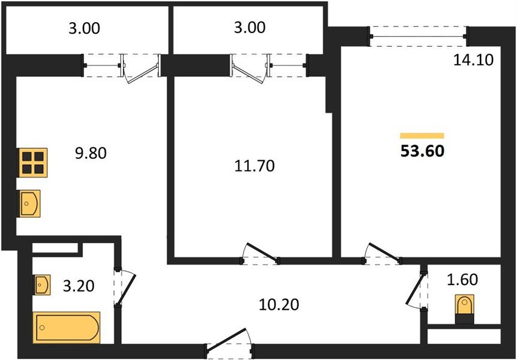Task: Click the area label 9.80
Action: click(91, 153)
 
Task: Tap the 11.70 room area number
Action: click(254, 166)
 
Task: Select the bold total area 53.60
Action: click(422, 151)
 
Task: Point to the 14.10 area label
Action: click(473, 60)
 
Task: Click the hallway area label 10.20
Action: click(279, 304)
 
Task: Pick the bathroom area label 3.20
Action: click(79, 286)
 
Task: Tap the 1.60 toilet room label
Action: click(462, 280)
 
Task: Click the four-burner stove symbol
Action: click(32, 163)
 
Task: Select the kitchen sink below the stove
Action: click(29, 203)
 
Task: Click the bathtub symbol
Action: click(66, 328)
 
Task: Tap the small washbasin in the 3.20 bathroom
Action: click(42, 285)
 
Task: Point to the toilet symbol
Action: click(465, 309)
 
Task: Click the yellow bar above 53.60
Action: click(422, 136)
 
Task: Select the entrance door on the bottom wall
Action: click(229, 343)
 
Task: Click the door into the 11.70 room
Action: click(260, 254)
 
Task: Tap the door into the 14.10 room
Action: click(382, 254)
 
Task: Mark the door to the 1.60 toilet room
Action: click(416, 290)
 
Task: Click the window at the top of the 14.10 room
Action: click(419, 36)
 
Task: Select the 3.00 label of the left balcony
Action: click(84, 28)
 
